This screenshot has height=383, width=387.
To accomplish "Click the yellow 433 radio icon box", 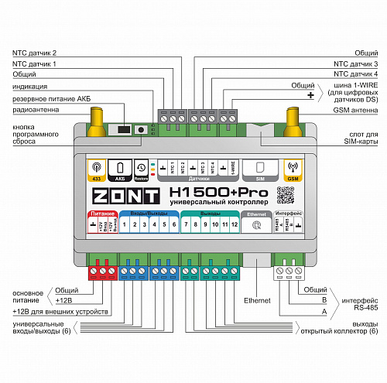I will coord(96,169).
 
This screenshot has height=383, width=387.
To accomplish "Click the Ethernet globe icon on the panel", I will coord(256,224).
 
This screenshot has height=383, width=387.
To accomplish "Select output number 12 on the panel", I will coord(235,224).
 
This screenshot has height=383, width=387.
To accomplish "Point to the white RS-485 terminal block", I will coord(288,271).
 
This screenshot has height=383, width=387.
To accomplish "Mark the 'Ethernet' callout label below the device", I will coord(257,299).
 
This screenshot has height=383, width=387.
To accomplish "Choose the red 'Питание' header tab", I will coord(101,211).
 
